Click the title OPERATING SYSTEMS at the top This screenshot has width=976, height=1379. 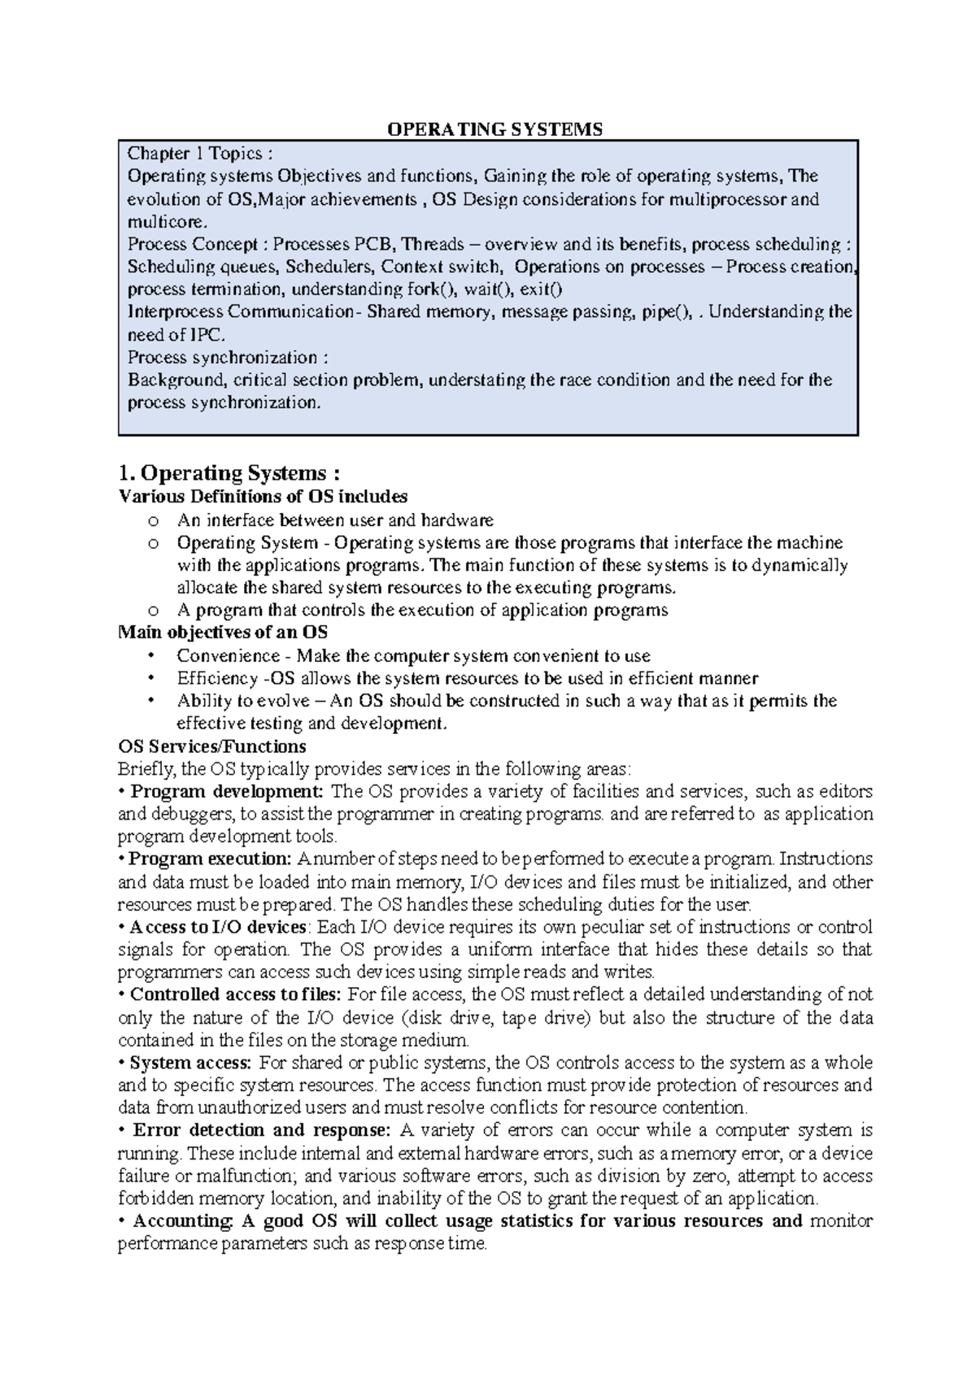[494, 129]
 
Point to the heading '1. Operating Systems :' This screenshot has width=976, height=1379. [229, 473]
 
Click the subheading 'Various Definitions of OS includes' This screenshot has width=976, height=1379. [263, 497]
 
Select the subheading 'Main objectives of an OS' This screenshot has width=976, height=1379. [223, 632]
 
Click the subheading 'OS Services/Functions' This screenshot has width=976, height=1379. [212, 746]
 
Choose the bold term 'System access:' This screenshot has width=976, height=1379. [191, 1063]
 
